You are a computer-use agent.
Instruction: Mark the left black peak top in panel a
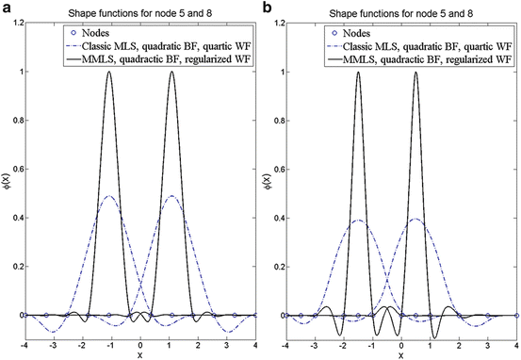click(x=109, y=72)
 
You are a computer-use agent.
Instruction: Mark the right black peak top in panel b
click(x=416, y=72)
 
